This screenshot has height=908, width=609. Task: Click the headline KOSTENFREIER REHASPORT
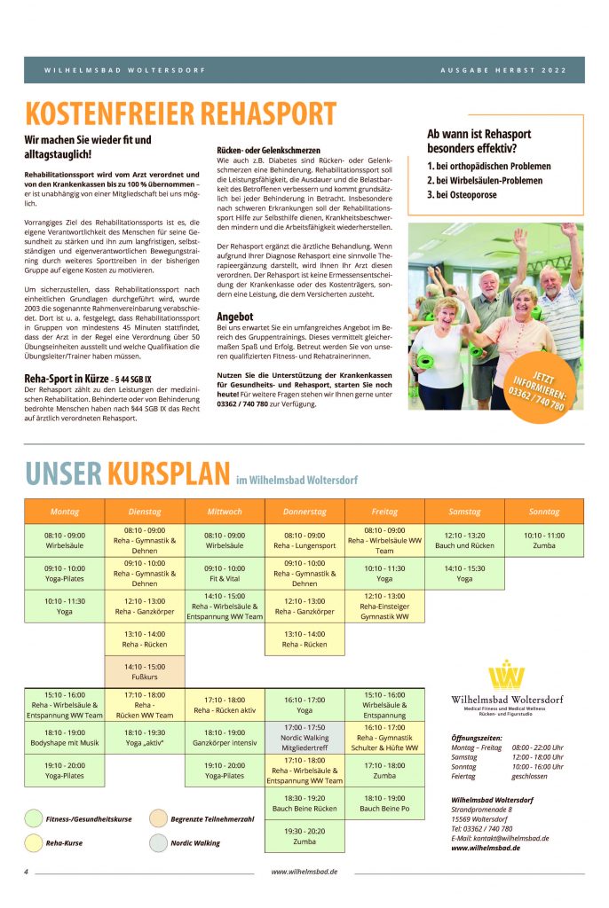(x=180, y=113)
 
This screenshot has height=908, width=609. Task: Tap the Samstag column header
(x=464, y=512)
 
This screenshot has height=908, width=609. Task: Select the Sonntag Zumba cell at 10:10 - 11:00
(x=543, y=540)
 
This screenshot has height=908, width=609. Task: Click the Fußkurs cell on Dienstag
(x=144, y=671)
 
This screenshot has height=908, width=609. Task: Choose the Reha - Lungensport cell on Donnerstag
(x=304, y=540)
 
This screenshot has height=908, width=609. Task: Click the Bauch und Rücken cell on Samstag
(x=464, y=540)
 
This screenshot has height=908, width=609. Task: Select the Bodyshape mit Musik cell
(x=64, y=738)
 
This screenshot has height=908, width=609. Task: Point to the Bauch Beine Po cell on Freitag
(x=384, y=803)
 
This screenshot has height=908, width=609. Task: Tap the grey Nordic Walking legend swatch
(x=157, y=843)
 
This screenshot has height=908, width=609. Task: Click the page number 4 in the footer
(x=27, y=872)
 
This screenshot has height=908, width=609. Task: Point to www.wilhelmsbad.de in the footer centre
(x=304, y=872)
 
